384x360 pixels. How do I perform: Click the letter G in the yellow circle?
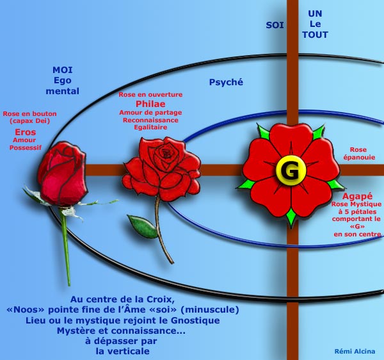[x=285, y=171]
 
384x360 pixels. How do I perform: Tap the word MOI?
[x=63, y=70]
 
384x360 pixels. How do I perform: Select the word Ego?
[x=63, y=81]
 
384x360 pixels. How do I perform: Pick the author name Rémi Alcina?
[x=355, y=350]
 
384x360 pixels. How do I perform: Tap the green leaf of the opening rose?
[x=142, y=226]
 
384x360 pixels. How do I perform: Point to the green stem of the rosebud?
[x=66, y=250]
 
